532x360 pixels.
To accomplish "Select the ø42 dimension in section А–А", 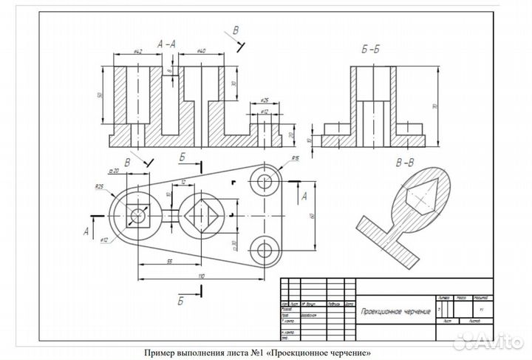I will tap(138, 52).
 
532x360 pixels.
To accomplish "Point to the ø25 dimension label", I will tap(265, 100).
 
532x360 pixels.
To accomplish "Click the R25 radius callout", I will tap(98, 186).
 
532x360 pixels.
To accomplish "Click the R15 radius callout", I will tap(294, 158).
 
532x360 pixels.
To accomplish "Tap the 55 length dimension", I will tap(170, 262).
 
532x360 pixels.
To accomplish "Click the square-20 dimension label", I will tap(114, 171).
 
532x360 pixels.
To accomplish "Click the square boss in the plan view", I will tap(137, 216).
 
